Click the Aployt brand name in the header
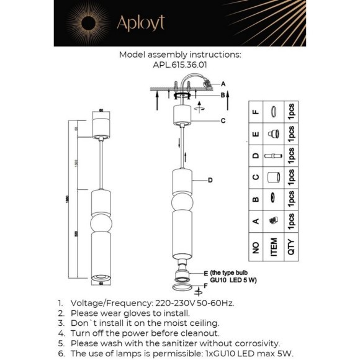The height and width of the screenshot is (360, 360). point(141,23)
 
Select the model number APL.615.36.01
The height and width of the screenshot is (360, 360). point(180,64)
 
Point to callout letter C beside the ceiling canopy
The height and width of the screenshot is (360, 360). point(223,120)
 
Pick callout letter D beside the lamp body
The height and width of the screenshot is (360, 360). point(210,180)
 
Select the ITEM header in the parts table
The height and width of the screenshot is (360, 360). point(272,248)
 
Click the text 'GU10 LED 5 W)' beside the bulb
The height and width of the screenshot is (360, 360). point(233,280)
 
